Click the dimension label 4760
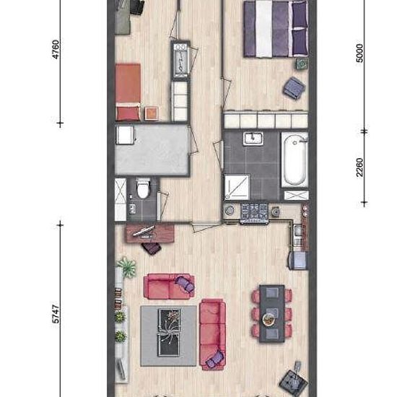[56, 49]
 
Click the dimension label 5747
[56, 314]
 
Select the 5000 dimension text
[359, 53]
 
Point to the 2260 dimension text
[359, 167]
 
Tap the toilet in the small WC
[143, 188]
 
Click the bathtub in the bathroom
[295, 160]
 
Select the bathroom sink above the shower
[253, 139]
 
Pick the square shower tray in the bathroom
[237, 187]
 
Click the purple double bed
[276, 29]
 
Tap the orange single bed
[128, 92]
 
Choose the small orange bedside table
[152, 113]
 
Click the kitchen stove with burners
[254, 214]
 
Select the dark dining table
[272, 313]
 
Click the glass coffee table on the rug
[169, 332]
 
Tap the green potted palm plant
[126, 267]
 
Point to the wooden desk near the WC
[150, 232]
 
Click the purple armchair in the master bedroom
[295, 87]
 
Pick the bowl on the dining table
[267, 320]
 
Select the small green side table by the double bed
[302, 64]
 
